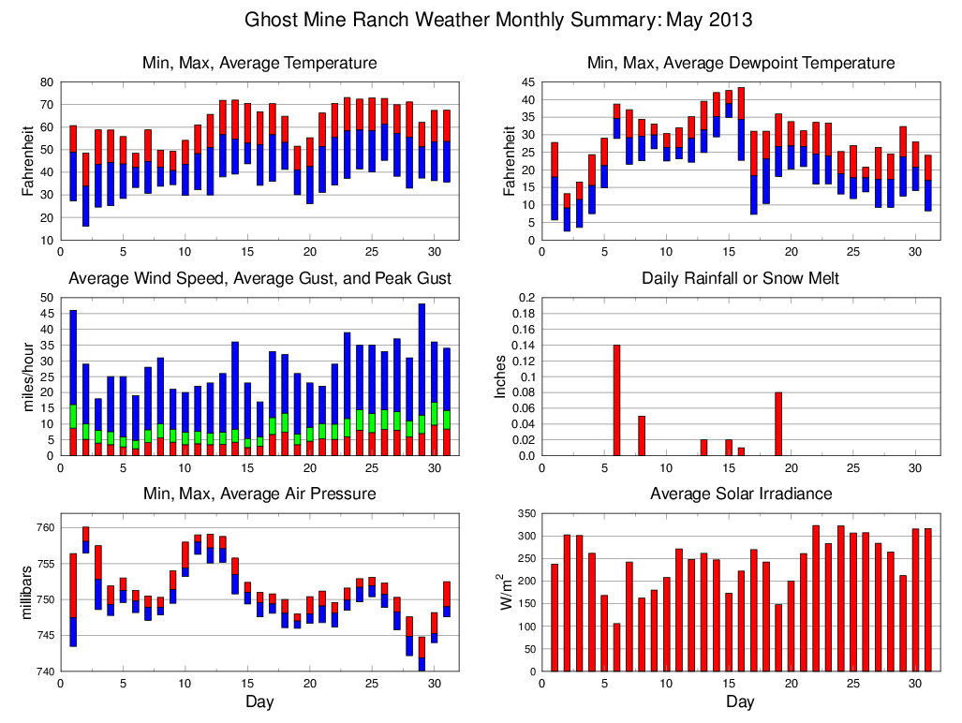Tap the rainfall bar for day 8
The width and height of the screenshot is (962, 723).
tap(642, 435)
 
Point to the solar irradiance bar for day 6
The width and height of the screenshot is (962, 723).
tap(616, 647)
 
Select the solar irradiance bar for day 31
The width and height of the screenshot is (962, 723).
tap(927, 599)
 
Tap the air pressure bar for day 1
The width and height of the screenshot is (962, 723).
tap(73, 599)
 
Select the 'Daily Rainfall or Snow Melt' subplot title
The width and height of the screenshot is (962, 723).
tap(740, 278)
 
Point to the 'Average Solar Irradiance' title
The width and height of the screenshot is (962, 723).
tap(740, 494)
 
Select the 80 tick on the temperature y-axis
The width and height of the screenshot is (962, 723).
tap(45, 81)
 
